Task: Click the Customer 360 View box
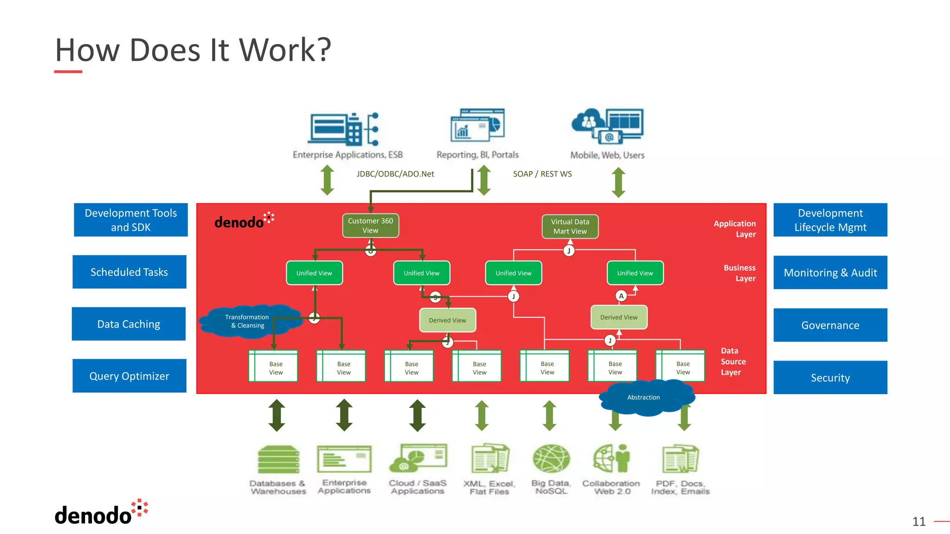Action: click(370, 225)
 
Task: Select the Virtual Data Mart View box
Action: click(570, 226)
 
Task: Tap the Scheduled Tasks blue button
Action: click(129, 272)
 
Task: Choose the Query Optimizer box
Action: click(129, 376)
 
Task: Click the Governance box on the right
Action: click(830, 325)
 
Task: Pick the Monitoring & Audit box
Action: click(830, 273)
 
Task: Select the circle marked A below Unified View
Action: click(621, 296)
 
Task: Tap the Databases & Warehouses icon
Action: click(278, 459)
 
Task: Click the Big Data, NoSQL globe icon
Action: click(551, 458)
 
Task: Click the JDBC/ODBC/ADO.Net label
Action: click(395, 174)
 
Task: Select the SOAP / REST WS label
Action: click(542, 174)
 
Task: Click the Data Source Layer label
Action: click(733, 362)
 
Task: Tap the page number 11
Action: click(918, 521)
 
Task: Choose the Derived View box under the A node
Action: click(618, 318)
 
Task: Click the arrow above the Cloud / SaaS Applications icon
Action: click(417, 415)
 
